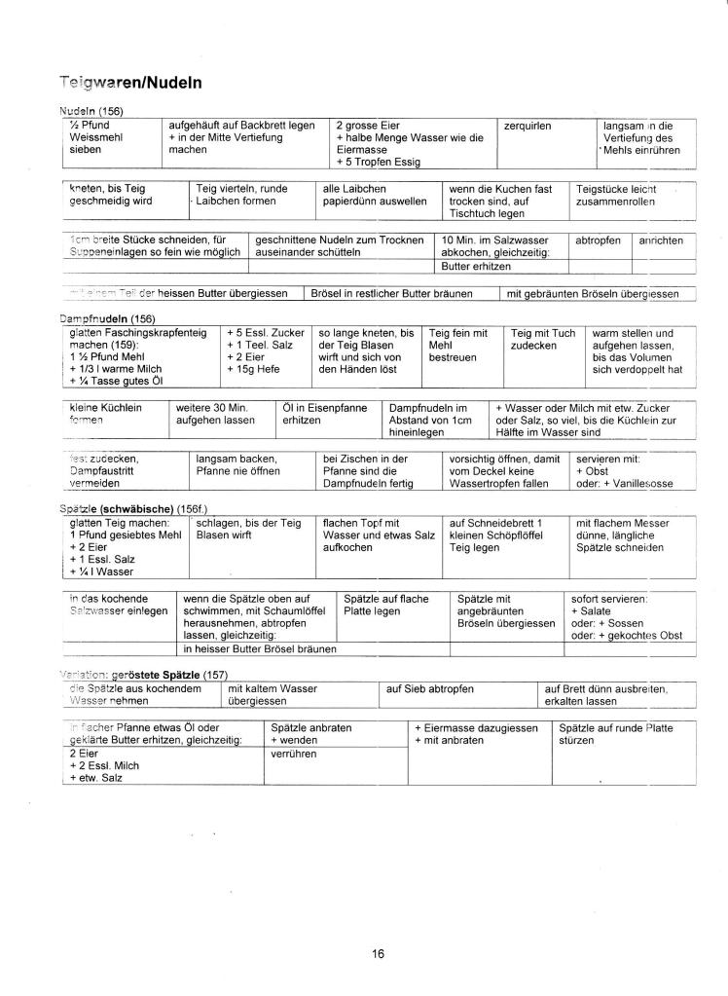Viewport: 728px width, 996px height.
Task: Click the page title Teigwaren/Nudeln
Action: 129,84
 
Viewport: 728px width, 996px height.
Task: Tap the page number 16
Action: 378,953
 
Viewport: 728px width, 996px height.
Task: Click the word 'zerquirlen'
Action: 528,126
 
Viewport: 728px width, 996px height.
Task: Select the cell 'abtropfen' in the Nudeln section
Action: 598,240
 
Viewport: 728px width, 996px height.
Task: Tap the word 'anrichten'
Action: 661,240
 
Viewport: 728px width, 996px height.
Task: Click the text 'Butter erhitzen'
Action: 476,266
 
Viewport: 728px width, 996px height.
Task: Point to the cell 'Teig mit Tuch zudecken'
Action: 543,339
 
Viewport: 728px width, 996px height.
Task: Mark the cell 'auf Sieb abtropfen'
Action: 430,688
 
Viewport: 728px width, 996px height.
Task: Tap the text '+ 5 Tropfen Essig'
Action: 379,163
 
